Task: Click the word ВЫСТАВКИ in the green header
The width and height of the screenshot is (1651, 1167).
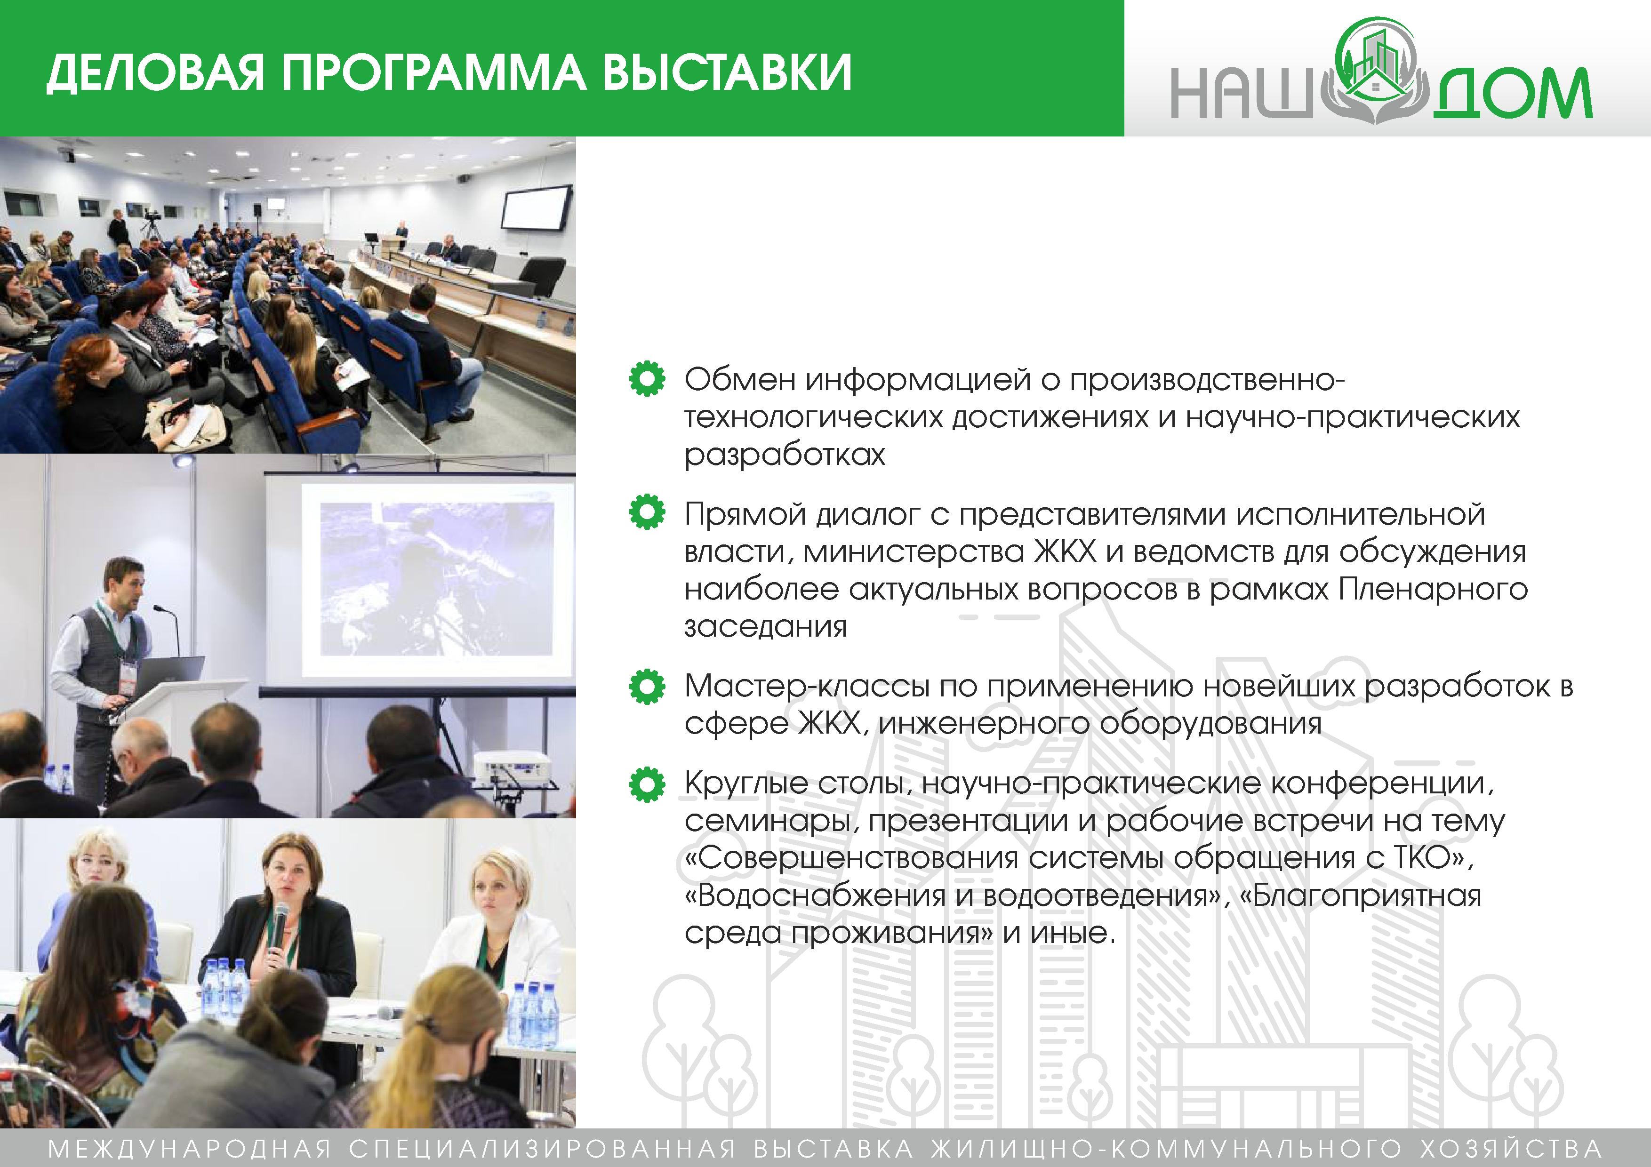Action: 726,72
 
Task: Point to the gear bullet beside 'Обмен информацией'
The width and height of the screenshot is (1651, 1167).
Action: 647,379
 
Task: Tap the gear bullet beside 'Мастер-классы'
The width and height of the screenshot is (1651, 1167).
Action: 647,686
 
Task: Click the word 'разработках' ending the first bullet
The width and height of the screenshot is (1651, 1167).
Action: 785,455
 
